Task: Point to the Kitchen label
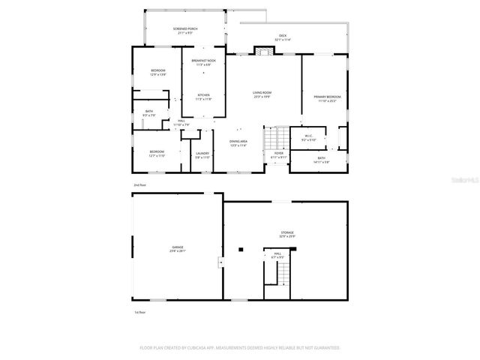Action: (203, 97)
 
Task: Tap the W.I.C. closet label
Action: (309, 139)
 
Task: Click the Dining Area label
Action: (237, 144)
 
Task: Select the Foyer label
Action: (278, 155)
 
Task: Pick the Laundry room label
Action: (202, 155)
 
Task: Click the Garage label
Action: (177, 248)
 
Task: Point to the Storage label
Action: (287, 235)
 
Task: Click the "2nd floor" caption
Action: (139, 184)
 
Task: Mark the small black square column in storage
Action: (240, 249)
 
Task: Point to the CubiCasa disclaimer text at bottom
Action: (240, 348)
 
